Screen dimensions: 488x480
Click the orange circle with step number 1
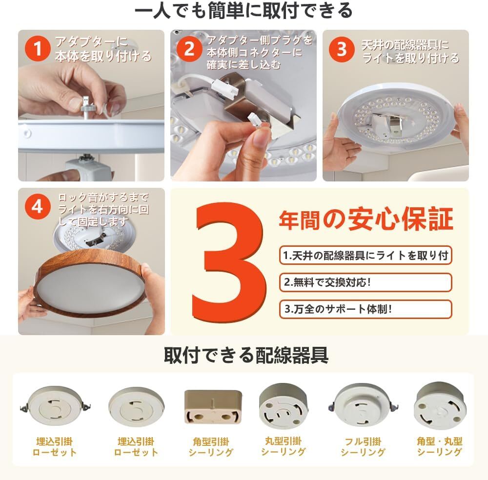tap(38, 48)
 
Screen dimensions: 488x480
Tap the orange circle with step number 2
tap(189, 49)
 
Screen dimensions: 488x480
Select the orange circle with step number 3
tap(342, 49)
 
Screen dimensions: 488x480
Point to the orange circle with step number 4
tap(38, 206)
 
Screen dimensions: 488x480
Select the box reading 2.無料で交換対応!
tap(366, 282)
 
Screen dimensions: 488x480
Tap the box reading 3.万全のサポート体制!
tap(366, 309)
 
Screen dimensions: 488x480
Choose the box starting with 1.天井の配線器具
tap(366, 256)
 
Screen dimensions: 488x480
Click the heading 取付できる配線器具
tap(246, 355)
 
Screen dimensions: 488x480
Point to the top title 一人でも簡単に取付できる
tap(244, 11)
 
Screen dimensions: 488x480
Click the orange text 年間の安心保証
tap(366, 220)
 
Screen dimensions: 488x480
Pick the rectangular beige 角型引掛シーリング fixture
tap(213, 406)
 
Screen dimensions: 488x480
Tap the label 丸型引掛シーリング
tap(283, 446)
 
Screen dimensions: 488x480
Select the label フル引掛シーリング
tap(363, 447)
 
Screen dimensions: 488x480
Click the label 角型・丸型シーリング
tap(440, 446)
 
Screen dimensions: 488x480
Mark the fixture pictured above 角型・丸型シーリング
tap(440, 405)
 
